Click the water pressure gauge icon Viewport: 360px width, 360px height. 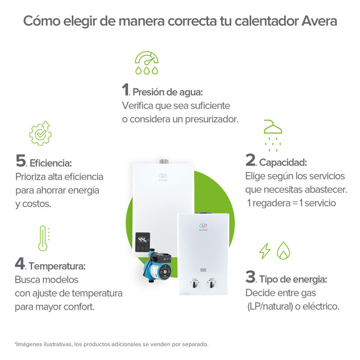click(147, 62)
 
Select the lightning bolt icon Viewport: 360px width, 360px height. click(264, 250)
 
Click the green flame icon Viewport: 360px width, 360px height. click(283, 250)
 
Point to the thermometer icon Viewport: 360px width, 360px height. click(43, 238)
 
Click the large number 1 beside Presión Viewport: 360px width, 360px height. click(125, 90)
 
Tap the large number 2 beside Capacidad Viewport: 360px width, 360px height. click(250, 160)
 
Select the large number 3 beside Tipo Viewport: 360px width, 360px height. click(250, 277)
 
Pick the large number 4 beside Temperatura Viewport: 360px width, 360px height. click(20, 264)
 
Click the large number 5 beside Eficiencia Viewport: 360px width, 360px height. click(21, 161)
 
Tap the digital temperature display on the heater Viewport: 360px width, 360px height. click(142, 240)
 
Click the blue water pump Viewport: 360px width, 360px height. click(156, 264)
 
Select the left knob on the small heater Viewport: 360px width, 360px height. click(194, 283)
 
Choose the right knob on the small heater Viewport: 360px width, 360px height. click(211, 283)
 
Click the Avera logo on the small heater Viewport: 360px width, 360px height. click(203, 227)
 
